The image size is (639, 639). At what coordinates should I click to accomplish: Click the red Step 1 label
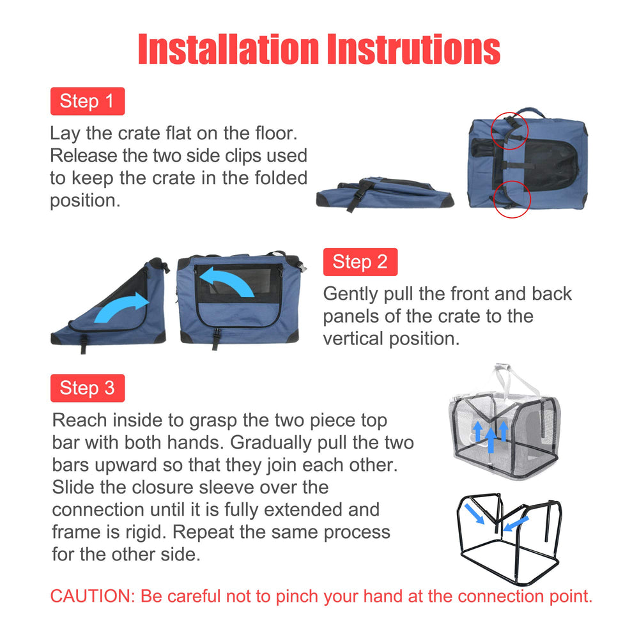pos(87,101)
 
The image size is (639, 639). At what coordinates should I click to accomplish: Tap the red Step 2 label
pos(360,262)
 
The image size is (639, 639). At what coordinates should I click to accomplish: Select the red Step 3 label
pos(87,388)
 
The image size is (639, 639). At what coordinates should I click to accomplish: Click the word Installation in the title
pos(227,49)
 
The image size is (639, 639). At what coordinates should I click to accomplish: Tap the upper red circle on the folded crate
pos(509,131)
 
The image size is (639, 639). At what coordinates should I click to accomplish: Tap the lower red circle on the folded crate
pos(512,199)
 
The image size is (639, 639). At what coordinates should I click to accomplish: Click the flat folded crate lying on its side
pos(383,194)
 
